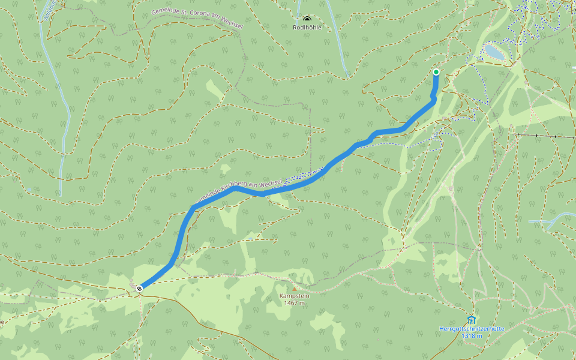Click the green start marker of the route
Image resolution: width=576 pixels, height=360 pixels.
click(436, 72)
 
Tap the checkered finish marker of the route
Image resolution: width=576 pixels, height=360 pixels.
click(139, 289)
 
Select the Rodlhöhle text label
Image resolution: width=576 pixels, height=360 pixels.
click(307, 28)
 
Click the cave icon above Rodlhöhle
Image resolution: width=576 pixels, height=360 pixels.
click(307, 19)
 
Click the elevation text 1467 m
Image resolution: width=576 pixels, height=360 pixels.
click(293, 303)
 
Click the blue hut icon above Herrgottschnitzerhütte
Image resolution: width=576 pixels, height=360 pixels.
click(472, 320)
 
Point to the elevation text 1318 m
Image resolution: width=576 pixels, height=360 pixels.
click(472, 335)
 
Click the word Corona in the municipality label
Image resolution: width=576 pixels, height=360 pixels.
click(201, 17)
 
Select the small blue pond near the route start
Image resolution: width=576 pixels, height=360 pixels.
click(495, 52)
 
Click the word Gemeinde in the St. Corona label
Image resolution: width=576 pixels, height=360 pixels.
click(164, 10)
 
